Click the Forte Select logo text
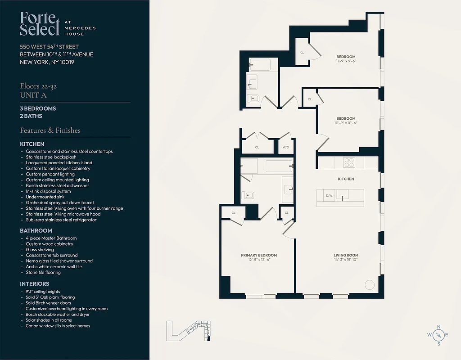point(40,24)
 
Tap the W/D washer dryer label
point(286,147)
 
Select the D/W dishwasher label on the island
point(329,196)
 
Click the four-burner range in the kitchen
point(349,162)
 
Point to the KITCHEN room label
point(346,179)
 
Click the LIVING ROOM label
point(346,255)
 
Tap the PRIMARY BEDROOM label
point(259,255)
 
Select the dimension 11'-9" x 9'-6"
point(346,61)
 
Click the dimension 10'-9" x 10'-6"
point(346,123)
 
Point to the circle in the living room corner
point(369,284)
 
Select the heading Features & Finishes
point(50,130)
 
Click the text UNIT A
point(33,95)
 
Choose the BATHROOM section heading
point(36,231)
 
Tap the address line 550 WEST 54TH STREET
point(49,47)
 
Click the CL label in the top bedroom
point(302,53)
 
